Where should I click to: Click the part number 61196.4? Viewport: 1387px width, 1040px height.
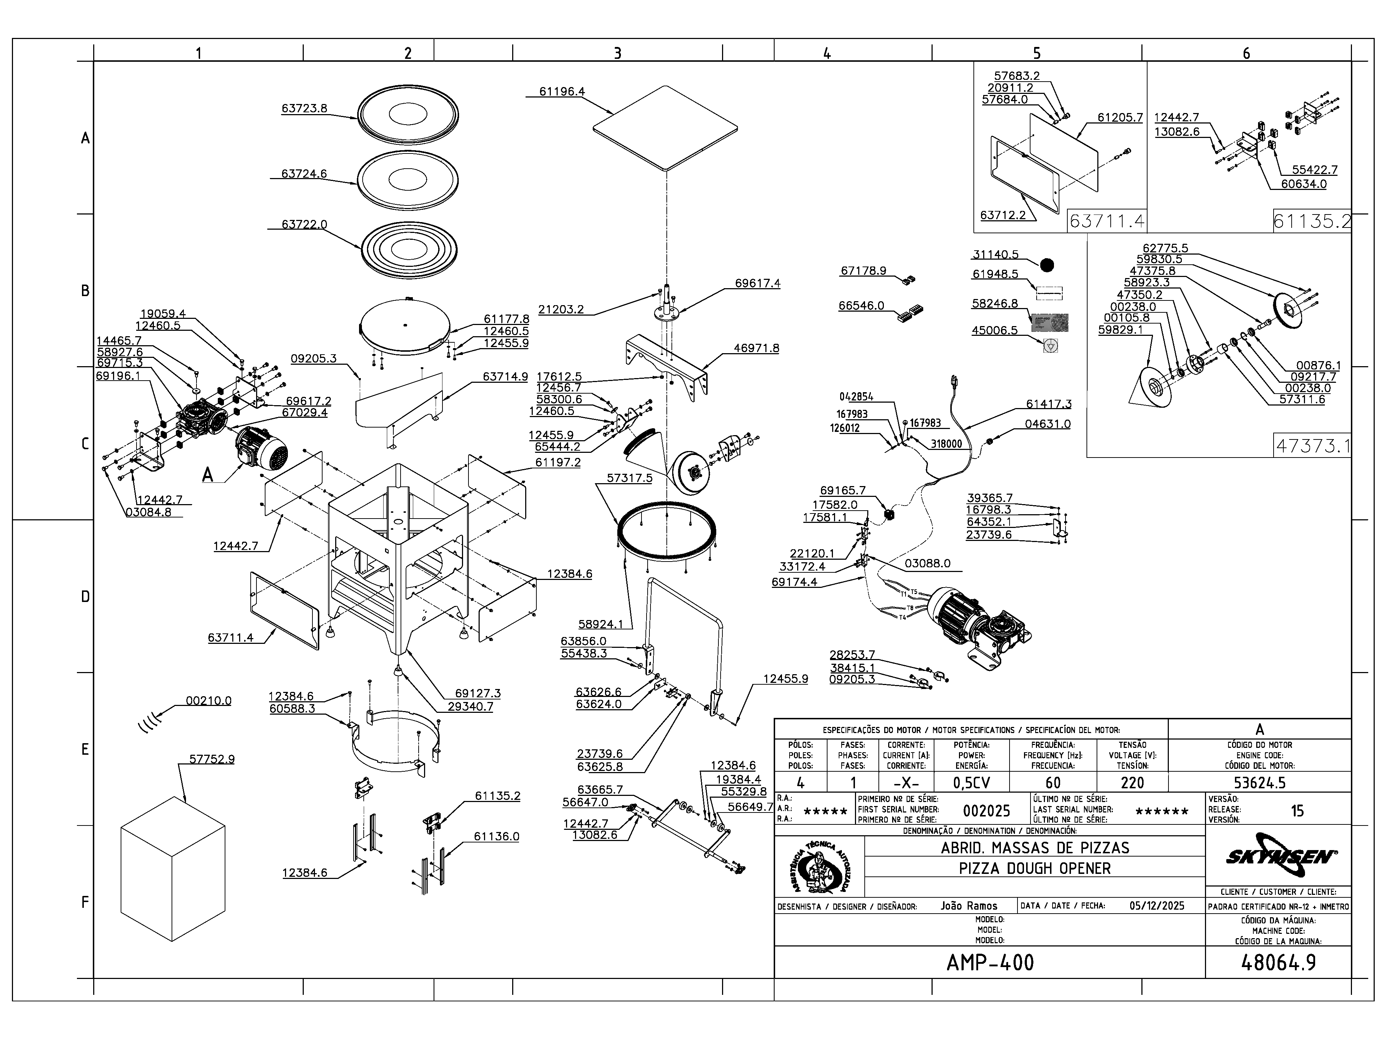point(562,91)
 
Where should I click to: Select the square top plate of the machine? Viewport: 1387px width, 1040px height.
point(665,129)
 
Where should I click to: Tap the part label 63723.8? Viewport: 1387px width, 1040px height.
point(304,108)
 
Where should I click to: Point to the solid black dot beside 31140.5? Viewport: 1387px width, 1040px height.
point(1046,265)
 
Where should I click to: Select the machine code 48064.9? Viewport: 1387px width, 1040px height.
point(1278,962)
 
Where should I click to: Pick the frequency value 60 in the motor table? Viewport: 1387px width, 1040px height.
point(1053,783)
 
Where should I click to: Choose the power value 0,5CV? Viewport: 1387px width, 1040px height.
point(971,783)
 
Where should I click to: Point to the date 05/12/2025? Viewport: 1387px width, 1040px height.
point(1157,906)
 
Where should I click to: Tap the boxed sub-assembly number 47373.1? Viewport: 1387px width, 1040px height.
point(1312,446)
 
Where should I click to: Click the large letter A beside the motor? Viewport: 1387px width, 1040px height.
point(208,475)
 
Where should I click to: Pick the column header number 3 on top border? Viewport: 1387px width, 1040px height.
point(617,54)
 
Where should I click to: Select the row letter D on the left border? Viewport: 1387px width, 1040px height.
point(85,597)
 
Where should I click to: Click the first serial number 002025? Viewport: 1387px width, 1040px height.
point(986,811)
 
